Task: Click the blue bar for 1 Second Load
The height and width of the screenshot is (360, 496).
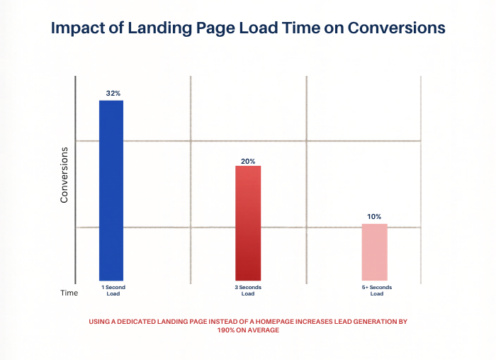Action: coord(111,190)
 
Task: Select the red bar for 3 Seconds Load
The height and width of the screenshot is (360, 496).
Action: coord(248,223)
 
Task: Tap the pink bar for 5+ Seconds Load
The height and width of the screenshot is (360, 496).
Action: coord(375,252)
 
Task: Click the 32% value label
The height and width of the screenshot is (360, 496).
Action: coord(111,94)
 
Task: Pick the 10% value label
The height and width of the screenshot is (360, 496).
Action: coord(375,216)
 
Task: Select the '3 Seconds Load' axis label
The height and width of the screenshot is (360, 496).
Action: coord(247,291)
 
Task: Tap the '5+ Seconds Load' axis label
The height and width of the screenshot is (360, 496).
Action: coord(376,291)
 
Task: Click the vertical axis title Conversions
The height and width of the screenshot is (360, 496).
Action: coord(64,175)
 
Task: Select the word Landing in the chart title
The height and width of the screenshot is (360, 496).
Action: coord(164,28)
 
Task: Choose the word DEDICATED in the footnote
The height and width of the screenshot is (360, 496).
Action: coord(136,322)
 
